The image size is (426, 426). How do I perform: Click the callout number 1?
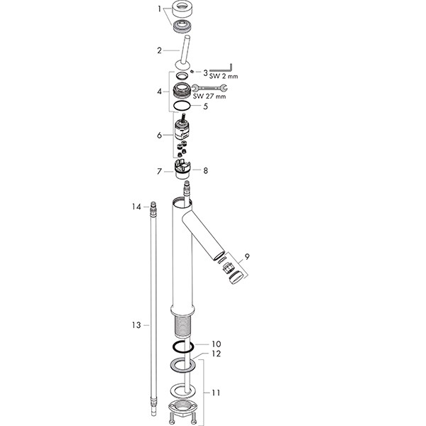(x=160, y=9)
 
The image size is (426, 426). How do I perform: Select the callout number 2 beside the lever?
(x=159, y=50)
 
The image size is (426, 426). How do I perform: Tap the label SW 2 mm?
(x=224, y=77)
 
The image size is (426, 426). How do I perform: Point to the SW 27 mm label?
(x=209, y=96)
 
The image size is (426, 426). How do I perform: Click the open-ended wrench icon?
(x=209, y=88)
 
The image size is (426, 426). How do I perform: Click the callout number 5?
(x=205, y=106)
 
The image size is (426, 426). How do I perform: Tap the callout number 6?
(x=159, y=135)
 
